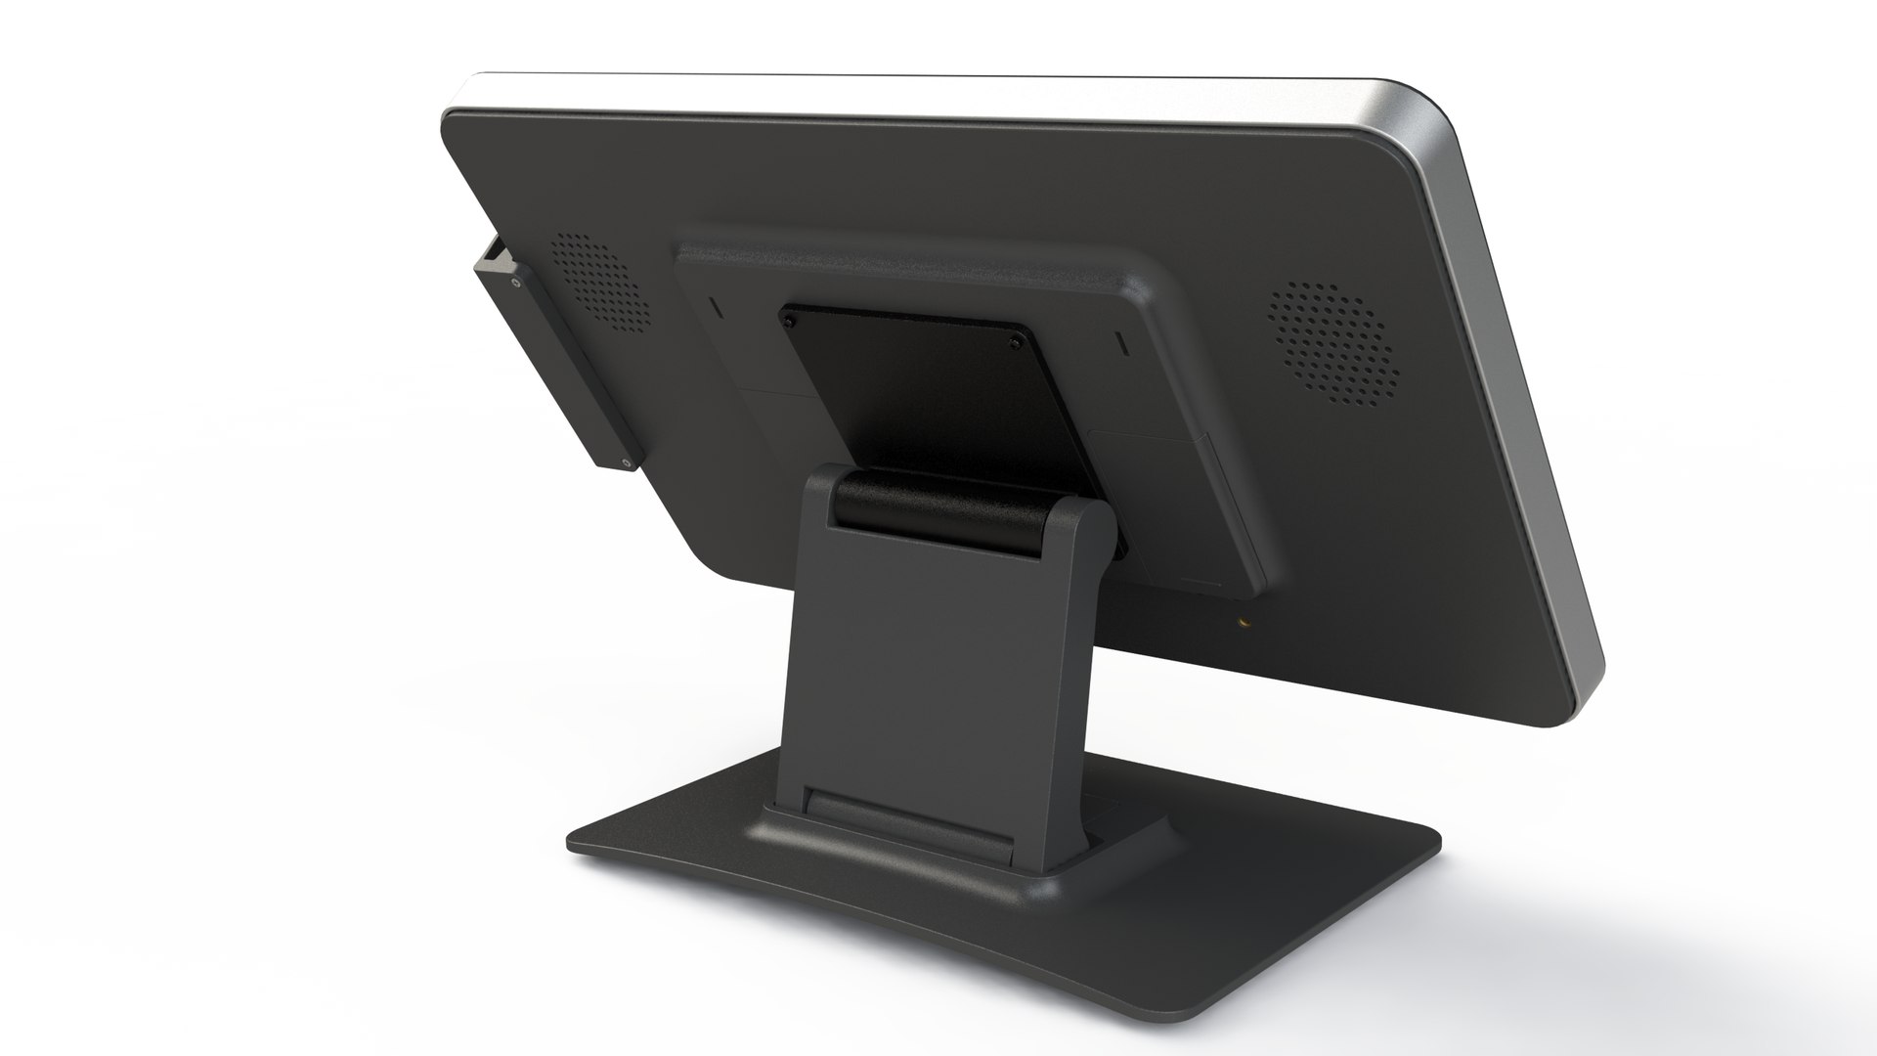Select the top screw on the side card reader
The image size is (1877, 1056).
pyautogui.click(x=514, y=285)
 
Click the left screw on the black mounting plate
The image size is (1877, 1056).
pyautogui.click(x=786, y=319)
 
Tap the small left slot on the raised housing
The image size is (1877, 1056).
pyautogui.click(x=714, y=307)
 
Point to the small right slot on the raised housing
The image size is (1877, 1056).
pyautogui.click(x=1120, y=346)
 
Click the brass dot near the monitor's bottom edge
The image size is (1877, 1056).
pyautogui.click(x=1244, y=619)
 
